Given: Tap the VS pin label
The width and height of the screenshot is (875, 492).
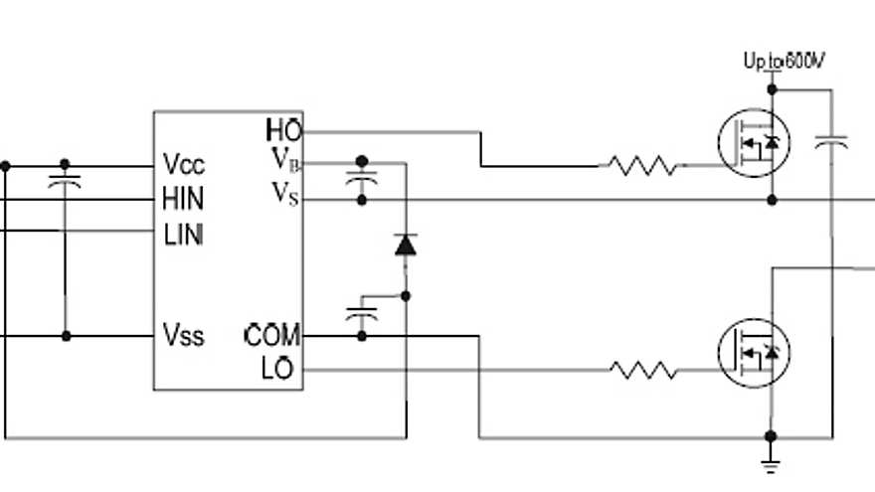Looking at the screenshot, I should pyautogui.click(x=284, y=194).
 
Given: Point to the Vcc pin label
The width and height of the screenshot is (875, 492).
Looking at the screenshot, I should pyautogui.click(x=184, y=165).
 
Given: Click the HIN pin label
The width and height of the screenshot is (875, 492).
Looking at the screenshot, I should pyautogui.click(x=183, y=200).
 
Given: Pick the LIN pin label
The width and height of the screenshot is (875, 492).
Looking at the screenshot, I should pyautogui.click(x=183, y=235).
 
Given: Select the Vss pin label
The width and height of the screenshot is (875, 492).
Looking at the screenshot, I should pyautogui.click(x=184, y=336).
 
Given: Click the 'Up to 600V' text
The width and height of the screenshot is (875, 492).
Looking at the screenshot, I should pyautogui.click(x=785, y=62).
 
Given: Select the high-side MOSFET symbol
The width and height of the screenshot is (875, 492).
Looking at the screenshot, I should pyautogui.click(x=753, y=143).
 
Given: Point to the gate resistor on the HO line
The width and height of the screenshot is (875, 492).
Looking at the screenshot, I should pyautogui.click(x=643, y=165).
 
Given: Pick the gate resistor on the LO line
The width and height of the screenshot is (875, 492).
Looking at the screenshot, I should pyautogui.click(x=643, y=371).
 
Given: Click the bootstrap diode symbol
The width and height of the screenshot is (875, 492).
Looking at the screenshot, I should pyautogui.click(x=406, y=244).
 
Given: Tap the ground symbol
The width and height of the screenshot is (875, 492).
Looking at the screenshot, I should pyautogui.click(x=771, y=459).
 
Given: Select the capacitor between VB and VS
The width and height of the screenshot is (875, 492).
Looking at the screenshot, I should pyautogui.click(x=362, y=181).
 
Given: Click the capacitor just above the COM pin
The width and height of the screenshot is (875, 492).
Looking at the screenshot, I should pyautogui.click(x=362, y=315).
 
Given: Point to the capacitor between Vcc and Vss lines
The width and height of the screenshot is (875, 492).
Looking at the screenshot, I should pyautogui.click(x=66, y=185).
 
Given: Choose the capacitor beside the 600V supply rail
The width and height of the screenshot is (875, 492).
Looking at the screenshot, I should pyautogui.click(x=831, y=145).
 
